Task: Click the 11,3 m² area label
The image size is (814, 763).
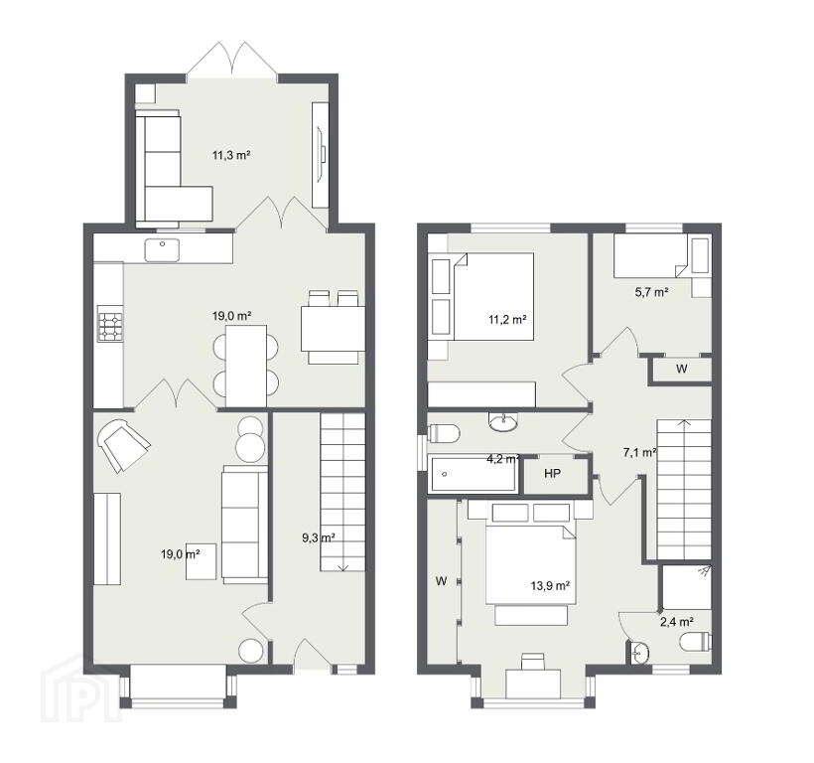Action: tap(231, 155)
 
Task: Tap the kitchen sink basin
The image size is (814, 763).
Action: tap(163, 249)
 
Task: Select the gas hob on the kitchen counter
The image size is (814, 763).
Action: tap(110, 326)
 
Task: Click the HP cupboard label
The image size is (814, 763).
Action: tap(552, 473)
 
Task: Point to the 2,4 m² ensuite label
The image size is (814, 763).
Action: tap(677, 622)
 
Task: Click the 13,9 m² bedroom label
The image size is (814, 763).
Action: tap(550, 586)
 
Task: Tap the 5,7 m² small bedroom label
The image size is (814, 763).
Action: tap(651, 292)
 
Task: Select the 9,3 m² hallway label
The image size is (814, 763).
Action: tap(319, 537)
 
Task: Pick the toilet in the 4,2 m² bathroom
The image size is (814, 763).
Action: tap(445, 434)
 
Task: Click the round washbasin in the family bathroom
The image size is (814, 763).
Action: tap(503, 422)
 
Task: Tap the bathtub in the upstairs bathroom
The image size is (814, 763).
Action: tap(473, 474)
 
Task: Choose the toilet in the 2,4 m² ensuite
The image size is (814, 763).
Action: tap(695, 642)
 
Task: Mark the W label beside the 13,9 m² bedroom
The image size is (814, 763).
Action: tap(442, 581)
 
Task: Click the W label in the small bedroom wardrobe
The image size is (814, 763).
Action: tap(682, 369)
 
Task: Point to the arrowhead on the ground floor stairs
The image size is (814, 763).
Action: tap(342, 567)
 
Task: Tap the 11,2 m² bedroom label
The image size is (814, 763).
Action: tap(507, 320)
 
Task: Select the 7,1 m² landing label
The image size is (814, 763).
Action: tap(640, 452)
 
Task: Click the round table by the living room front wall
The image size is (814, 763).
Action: tap(251, 650)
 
